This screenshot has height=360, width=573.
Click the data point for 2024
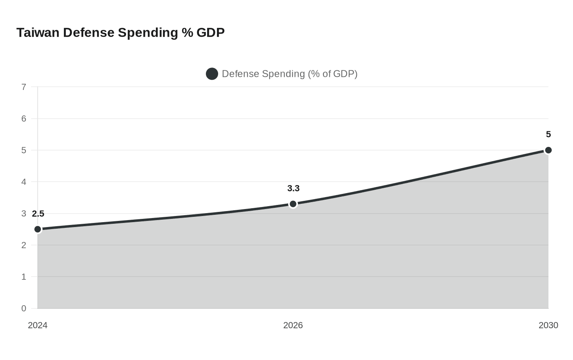(x=38, y=229)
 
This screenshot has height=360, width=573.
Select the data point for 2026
(x=293, y=204)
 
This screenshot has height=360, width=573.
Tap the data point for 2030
(x=548, y=150)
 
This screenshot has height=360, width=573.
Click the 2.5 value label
(x=38, y=214)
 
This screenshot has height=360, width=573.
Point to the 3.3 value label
(x=293, y=188)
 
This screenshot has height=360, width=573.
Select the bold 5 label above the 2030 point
(x=548, y=134)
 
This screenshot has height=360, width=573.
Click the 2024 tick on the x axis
(x=38, y=325)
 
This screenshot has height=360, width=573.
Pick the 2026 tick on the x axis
(x=293, y=325)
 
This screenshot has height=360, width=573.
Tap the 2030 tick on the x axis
(x=548, y=325)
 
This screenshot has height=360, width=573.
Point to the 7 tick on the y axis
(x=24, y=87)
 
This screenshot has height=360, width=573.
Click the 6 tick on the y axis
(x=24, y=119)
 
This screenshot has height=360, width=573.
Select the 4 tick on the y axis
(x=24, y=182)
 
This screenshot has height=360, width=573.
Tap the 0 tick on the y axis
(x=24, y=308)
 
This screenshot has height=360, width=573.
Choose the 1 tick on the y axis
(x=24, y=277)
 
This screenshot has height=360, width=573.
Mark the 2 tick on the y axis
(x=24, y=245)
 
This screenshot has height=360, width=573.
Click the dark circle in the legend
(x=212, y=74)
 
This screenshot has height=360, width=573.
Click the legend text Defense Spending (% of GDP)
(x=289, y=74)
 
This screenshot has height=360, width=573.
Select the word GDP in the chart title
(x=210, y=32)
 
